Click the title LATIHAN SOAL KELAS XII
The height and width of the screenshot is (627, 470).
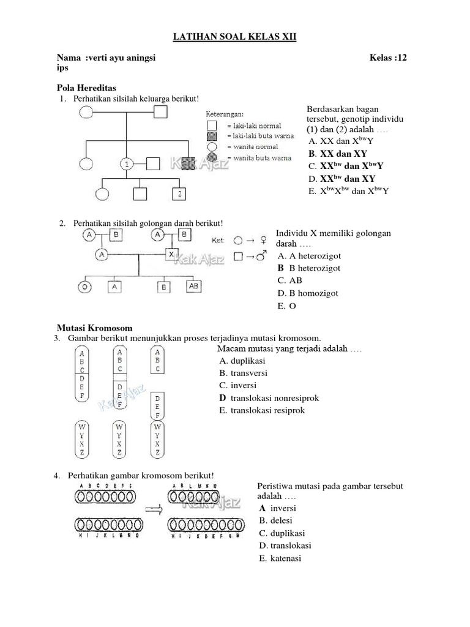[235, 38]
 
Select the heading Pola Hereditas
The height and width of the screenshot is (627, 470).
[86, 88]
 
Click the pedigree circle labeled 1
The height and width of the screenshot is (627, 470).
[126, 164]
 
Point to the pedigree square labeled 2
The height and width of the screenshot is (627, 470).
[179, 194]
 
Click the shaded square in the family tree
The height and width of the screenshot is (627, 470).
[189, 163]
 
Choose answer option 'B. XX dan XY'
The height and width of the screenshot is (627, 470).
[338, 154]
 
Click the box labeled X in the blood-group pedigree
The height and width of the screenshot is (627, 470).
[173, 253]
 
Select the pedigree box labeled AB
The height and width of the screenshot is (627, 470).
[193, 285]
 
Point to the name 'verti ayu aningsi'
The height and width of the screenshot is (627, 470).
[121, 58]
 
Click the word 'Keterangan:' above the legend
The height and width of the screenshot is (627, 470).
[225, 114]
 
